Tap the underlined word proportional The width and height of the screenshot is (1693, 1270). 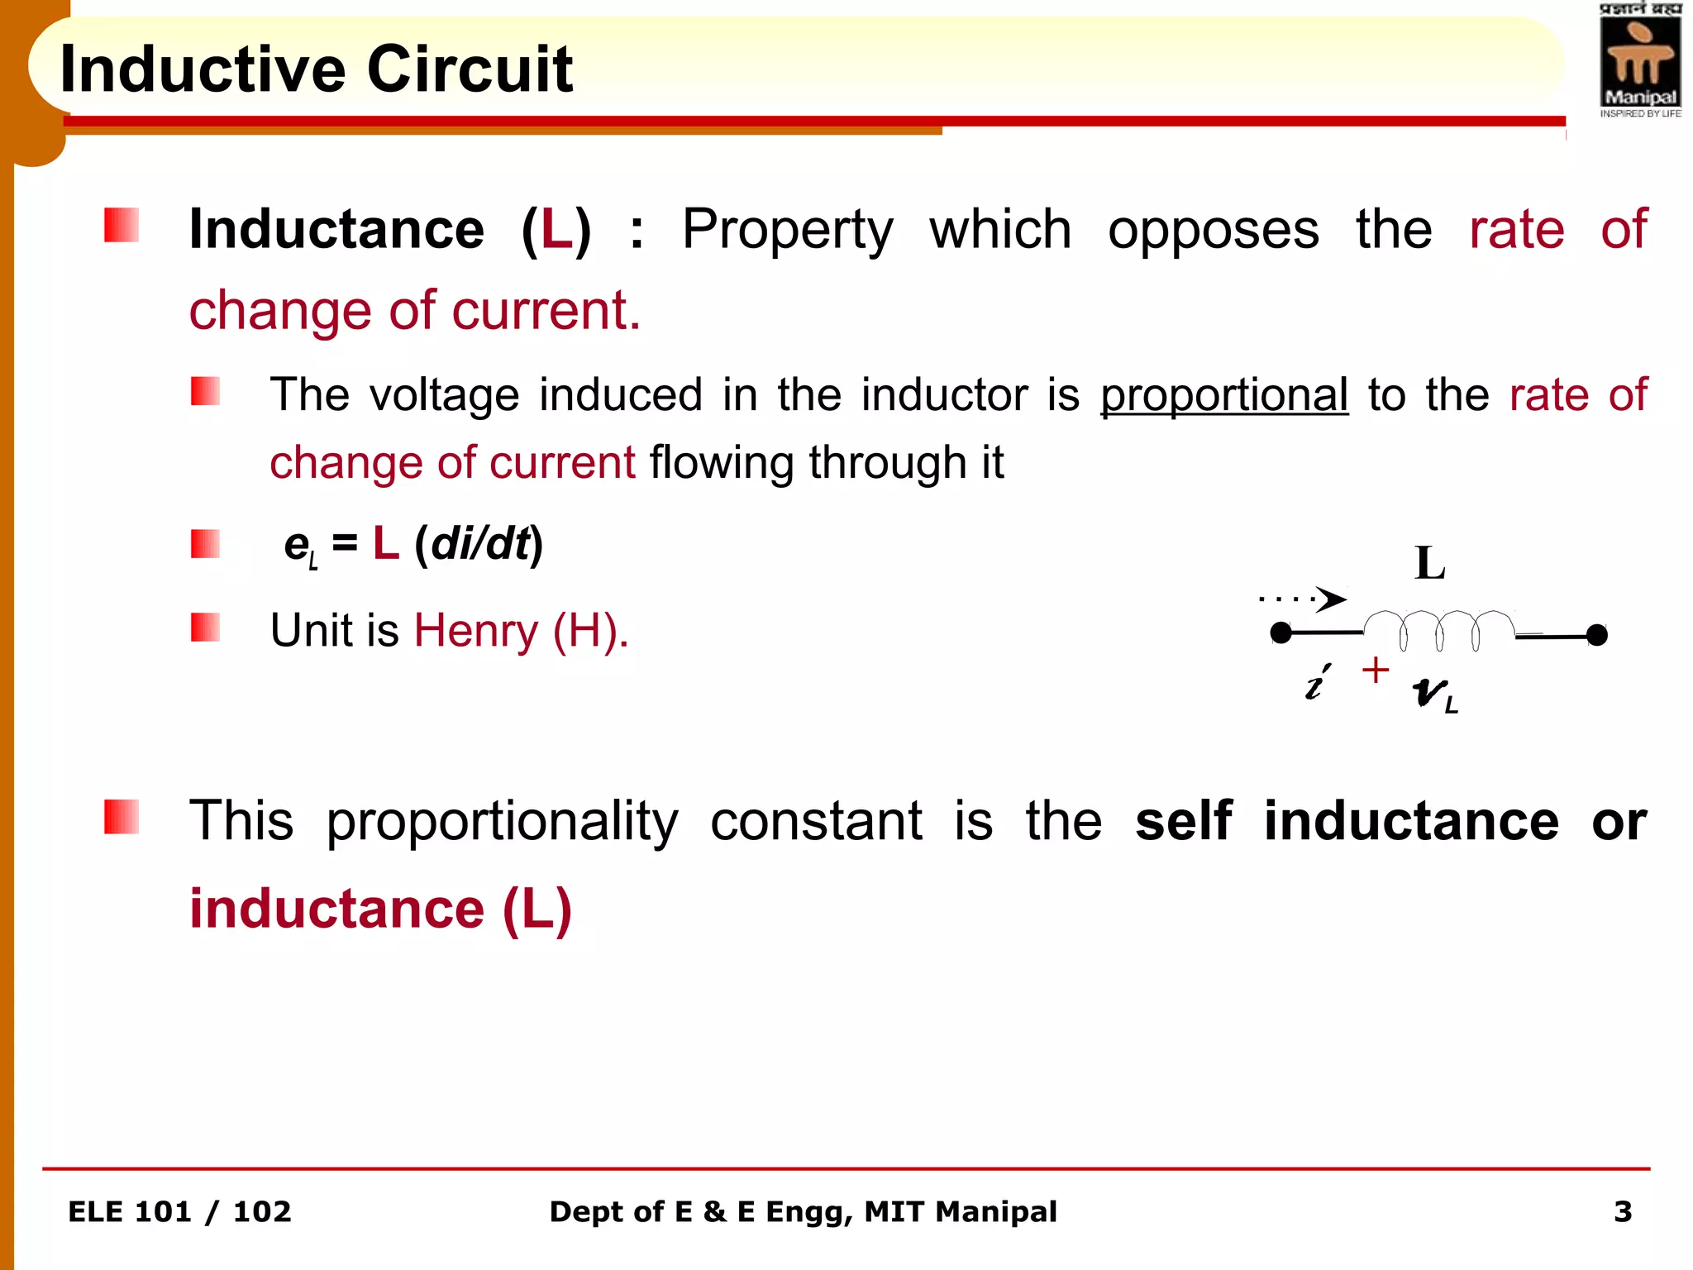pos(1223,395)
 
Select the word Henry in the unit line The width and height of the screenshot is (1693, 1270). pos(475,631)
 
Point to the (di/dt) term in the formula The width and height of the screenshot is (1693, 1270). pos(479,544)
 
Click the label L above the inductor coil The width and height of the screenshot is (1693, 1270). pos(1429,564)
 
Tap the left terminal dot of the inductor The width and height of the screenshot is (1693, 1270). pos(1280,634)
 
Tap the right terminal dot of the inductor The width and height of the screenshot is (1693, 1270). pos(1597,635)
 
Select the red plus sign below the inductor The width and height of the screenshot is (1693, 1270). pos(1376,670)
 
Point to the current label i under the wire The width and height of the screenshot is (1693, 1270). pos(1316,683)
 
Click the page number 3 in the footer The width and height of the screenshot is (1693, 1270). pos(1623,1211)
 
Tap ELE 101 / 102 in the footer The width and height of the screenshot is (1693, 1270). pos(179,1211)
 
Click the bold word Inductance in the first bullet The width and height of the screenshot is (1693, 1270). pos(336,229)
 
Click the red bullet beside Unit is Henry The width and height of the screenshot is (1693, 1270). pos(205,628)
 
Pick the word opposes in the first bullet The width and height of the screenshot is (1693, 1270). pos(1213,229)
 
